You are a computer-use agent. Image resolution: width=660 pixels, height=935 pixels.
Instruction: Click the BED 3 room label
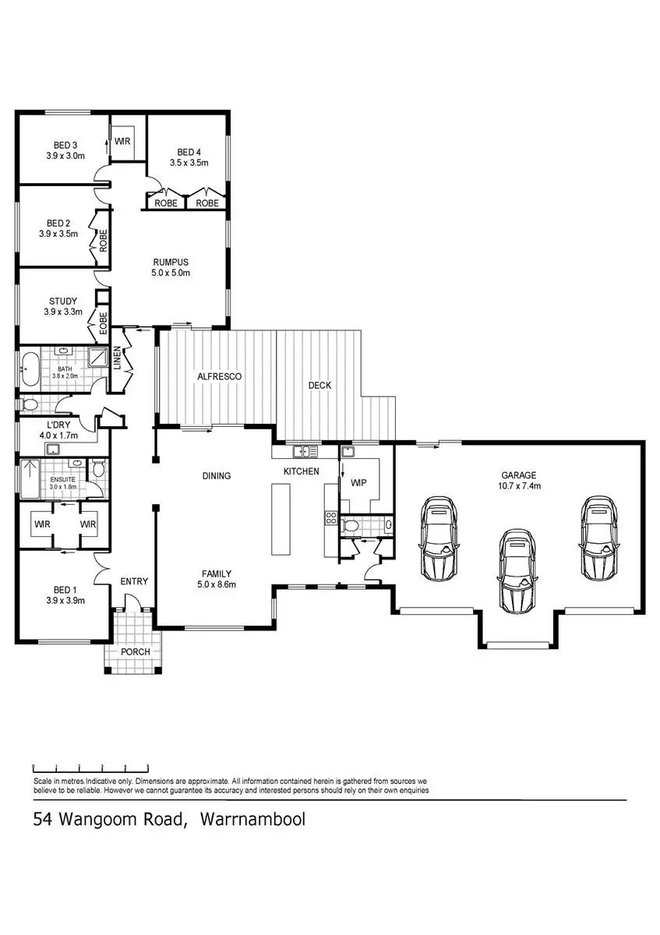[x=65, y=145]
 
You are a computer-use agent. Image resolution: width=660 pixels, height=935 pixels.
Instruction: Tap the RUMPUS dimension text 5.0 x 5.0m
[x=171, y=273]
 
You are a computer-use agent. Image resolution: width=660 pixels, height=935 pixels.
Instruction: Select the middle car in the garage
[x=516, y=571]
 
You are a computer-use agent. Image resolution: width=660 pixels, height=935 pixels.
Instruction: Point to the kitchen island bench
[x=281, y=519]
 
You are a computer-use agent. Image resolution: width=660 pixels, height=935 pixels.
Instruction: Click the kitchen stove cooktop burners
[x=331, y=518]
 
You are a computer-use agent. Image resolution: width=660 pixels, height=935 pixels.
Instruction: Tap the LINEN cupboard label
[x=118, y=358]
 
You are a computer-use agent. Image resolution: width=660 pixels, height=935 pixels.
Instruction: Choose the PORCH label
[x=136, y=651]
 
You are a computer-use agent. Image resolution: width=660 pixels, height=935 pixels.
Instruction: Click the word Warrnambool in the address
[x=253, y=819]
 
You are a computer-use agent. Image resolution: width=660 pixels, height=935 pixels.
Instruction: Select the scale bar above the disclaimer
[x=91, y=767]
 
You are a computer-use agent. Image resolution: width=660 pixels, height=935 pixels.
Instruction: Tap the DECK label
[x=319, y=385]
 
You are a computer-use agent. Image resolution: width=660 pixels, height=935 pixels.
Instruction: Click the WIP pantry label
[x=358, y=482]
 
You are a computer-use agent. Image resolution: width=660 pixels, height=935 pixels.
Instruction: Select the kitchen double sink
[x=305, y=451]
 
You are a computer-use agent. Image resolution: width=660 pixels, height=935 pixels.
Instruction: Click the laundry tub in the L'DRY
[x=53, y=449]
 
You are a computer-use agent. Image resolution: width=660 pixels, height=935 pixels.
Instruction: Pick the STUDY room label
[x=63, y=301]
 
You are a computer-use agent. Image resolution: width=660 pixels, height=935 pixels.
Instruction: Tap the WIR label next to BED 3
[x=122, y=142]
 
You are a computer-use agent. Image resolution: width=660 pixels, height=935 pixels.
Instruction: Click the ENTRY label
[x=134, y=581]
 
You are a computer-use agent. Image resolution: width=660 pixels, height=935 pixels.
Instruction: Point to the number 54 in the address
[x=43, y=819]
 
